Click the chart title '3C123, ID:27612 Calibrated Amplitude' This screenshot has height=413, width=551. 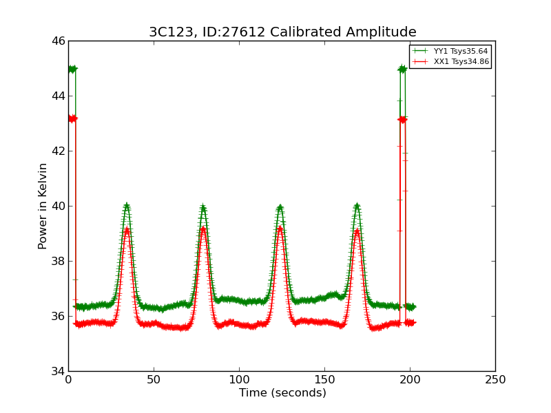coord(282,32)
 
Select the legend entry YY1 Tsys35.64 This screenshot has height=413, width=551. coord(461,52)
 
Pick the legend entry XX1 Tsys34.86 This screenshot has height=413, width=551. coord(461,62)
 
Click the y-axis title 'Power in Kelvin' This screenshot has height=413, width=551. coord(43,206)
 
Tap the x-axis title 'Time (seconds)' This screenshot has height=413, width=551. coord(282,393)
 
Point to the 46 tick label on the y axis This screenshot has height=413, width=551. coord(58,41)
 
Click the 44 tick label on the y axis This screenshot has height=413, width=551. coord(58,96)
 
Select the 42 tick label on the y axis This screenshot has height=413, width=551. coord(58,151)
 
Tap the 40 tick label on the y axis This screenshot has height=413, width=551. coord(58,206)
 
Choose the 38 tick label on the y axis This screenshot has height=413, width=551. coord(58,262)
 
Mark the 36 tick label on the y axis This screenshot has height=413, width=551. coord(58,317)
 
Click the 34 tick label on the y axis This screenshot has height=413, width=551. coord(58,372)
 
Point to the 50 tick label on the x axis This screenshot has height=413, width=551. coord(154,380)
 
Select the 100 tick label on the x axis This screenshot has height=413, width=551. coord(239,380)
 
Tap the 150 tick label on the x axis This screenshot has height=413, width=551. coord(324,380)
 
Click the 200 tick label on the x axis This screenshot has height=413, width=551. coord(410,380)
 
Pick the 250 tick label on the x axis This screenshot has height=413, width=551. coord(495,380)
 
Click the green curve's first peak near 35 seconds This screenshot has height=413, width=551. coord(127,206)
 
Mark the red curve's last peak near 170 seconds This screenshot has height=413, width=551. coord(357,231)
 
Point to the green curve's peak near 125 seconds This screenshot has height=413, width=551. coord(280,207)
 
